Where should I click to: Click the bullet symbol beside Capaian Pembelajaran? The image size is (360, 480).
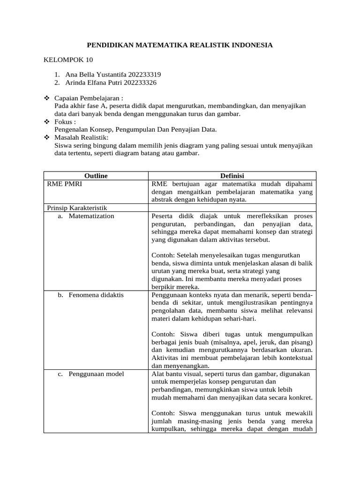(46, 99)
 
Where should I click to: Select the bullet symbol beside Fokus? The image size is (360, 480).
(46, 121)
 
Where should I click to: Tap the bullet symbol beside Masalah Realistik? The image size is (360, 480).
(46, 137)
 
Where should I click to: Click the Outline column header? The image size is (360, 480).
(96, 176)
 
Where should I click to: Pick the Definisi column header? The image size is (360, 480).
(232, 176)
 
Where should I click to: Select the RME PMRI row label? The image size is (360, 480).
(64, 184)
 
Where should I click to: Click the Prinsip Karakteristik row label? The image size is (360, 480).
(77, 208)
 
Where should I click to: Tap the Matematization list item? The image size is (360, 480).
(91, 216)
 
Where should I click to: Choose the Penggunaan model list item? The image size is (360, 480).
(97, 374)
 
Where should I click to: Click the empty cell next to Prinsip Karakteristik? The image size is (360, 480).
(232, 208)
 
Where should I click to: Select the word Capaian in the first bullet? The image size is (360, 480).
(66, 99)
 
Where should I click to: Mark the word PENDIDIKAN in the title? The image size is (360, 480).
(110, 45)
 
